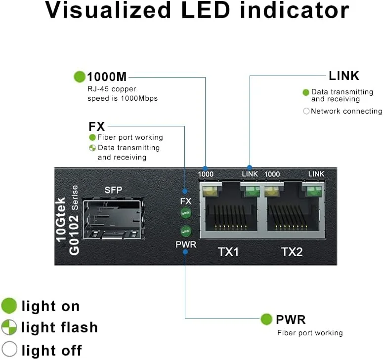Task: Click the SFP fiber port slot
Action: pyautogui.click(x=112, y=219)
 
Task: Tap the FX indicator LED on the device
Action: pyautogui.click(x=186, y=213)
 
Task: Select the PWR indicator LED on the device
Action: pyautogui.click(x=186, y=230)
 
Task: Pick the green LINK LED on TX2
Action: pyautogui.click(x=312, y=190)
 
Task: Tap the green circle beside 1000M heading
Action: pyautogui.click(x=80, y=77)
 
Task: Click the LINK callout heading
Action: pyautogui.click(x=344, y=76)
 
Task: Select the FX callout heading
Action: pyautogui.click(x=97, y=126)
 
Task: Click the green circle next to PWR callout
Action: pyautogui.click(x=267, y=319)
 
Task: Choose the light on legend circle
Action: pyautogui.click(x=9, y=306)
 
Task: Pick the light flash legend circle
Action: pyautogui.click(x=9, y=327)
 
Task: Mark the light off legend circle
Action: pyautogui.click(x=9, y=350)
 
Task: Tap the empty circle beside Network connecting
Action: pyautogui.click(x=306, y=111)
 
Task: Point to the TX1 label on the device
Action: pyautogui.click(x=228, y=252)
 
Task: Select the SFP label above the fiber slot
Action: pyautogui.click(x=113, y=190)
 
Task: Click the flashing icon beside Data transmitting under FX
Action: pyautogui.click(x=92, y=148)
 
